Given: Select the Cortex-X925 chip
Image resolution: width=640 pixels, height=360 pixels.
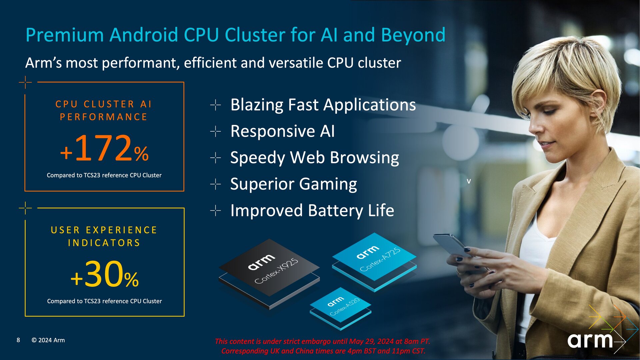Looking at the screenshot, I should pyautogui.click(x=269, y=268).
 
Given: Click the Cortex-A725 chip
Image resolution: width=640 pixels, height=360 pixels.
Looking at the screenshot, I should pyautogui.click(x=374, y=257).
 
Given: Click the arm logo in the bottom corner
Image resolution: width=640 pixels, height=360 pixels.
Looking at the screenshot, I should pyautogui.click(x=590, y=340).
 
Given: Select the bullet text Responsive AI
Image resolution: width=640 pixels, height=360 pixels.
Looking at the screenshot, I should pyautogui.click(x=282, y=131).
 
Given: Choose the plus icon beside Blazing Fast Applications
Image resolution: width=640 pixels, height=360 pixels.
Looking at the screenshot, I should pyautogui.click(x=216, y=105).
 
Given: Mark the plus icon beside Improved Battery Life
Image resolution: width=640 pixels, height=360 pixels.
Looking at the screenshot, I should pyautogui.click(x=216, y=211).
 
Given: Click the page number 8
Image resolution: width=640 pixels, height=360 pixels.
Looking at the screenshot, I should pyautogui.click(x=18, y=340).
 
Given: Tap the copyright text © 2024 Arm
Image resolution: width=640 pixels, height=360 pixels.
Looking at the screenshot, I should pyautogui.click(x=48, y=340).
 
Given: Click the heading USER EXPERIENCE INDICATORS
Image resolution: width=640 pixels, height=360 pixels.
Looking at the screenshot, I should pyautogui.click(x=104, y=236).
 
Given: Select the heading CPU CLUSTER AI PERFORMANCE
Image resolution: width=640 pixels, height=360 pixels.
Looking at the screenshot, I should pyautogui.click(x=104, y=110).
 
